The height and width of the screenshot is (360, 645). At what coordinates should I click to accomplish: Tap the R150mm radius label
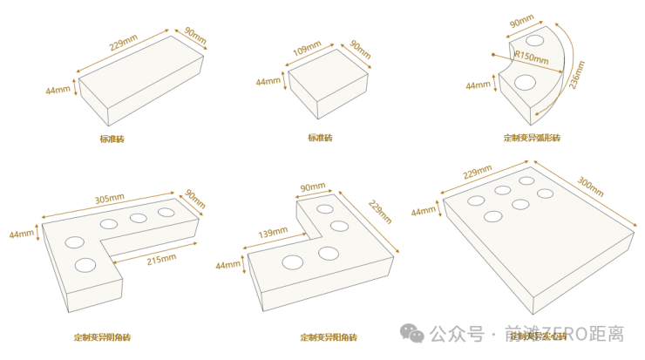point(531,58)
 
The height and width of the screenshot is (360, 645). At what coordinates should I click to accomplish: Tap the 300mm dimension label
point(590,187)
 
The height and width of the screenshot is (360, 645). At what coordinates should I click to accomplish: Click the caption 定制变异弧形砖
point(532,138)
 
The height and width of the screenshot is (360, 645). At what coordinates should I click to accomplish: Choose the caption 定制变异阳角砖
point(329,336)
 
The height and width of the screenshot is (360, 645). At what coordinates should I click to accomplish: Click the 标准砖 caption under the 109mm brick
point(320,138)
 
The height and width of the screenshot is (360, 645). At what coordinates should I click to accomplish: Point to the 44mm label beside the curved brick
point(479,85)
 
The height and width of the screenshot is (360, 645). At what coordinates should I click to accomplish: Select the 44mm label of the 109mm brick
point(268,82)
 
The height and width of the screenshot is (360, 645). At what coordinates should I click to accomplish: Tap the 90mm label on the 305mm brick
point(193,199)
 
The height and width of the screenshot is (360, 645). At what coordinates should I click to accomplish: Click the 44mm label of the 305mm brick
point(22,234)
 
